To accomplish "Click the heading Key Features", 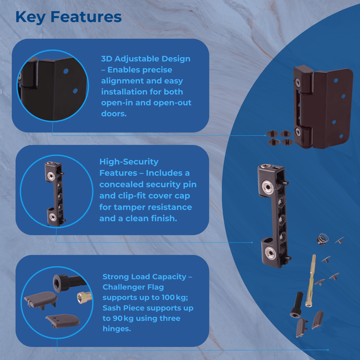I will pos(68,16).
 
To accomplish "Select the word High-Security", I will pos(129,161).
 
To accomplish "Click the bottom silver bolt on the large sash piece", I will pos(271,251).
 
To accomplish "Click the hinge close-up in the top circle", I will pos(51,85).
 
